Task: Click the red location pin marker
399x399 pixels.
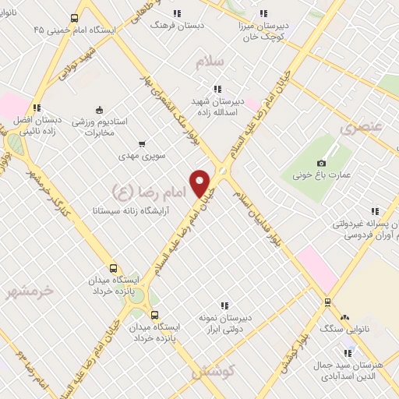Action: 200,183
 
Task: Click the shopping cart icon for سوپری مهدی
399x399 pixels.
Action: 141,144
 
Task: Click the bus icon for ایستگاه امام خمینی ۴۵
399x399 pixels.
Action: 75,18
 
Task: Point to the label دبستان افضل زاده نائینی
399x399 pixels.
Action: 37,127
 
